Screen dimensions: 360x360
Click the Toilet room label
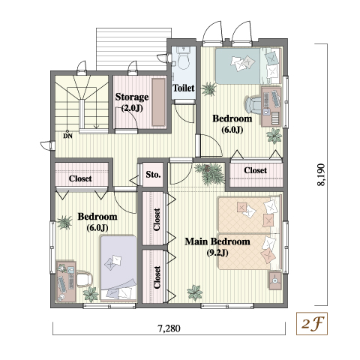[184, 88]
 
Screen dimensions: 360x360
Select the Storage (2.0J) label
[132, 102]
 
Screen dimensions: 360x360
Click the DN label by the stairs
[67, 136]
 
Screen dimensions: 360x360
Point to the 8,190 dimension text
[321, 175]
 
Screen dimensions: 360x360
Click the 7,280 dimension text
[169, 328]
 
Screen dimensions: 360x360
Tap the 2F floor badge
[312, 323]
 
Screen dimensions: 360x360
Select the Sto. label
[153, 175]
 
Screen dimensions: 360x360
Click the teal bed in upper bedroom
[248, 66]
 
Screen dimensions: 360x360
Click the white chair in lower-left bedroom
[85, 279]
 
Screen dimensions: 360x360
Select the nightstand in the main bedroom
[275, 280]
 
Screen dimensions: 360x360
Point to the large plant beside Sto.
[209, 173]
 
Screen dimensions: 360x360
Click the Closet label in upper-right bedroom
[256, 170]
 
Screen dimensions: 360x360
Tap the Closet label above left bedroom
[80, 178]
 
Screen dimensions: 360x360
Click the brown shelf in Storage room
[159, 102]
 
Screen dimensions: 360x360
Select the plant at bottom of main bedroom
[195, 292]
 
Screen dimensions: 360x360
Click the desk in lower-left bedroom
[65, 281]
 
